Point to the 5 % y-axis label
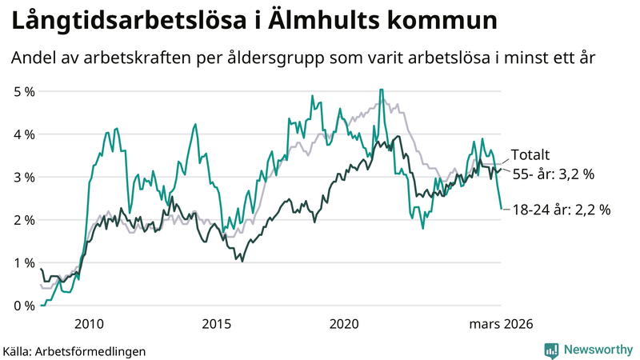pyautogui.click(x=24, y=91)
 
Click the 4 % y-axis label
pyautogui.click(x=24, y=134)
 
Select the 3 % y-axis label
pyautogui.click(x=24, y=177)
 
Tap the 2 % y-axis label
pyautogui.click(x=24, y=220)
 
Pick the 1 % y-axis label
pyautogui.click(x=24, y=262)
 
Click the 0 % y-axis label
pyautogui.click(x=24, y=306)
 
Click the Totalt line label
pyautogui.click(x=530, y=156)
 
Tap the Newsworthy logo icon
pyautogui.click(x=551, y=350)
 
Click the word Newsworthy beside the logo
pyautogui.click(x=597, y=350)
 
